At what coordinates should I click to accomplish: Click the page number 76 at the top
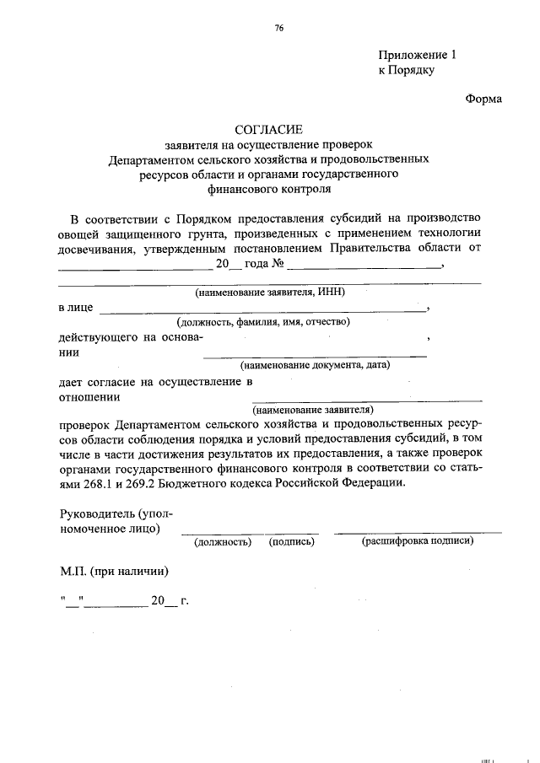pyautogui.click(x=278, y=29)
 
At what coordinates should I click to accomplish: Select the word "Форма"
pyautogui.click(x=483, y=99)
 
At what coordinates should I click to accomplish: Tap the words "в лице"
pyautogui.click(x=75, y=308)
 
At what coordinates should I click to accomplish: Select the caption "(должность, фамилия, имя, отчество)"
pyautogui.click(x=262, y=322)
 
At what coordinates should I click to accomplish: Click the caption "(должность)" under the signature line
pyautogui.click(x=223, y=541)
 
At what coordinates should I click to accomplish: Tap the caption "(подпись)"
pyautogui.click(x=292, y=541)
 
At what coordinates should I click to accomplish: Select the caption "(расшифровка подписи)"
pyautogui.click(x=417, y=541)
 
